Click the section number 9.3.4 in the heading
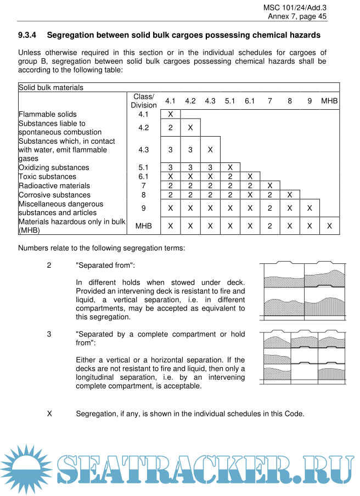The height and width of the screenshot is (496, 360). tap(27, 35)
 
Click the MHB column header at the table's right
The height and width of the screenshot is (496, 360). tap(329, 101)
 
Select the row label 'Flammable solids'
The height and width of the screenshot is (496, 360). tap(48, 114)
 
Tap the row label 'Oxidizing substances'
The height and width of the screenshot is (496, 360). tap(54, 167)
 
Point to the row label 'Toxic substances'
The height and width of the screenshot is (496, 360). tap(47, 177)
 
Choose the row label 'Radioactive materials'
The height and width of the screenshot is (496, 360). tap(54, 185)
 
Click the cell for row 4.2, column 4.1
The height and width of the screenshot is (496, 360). tap(170, 127)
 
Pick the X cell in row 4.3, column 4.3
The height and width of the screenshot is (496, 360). tap(210, 149)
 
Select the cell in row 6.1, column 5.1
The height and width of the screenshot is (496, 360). tap(230, 177)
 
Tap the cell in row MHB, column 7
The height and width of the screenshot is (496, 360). tap(270, 226)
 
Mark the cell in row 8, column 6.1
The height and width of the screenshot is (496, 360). tap(250, 195)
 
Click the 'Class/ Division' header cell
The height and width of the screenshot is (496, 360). tap(144, 101)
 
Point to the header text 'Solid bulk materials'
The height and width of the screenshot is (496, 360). tap(51, 87)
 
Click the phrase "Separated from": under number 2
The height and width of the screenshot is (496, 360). tap(105, 265)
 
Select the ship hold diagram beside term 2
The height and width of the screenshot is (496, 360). tap(304, 290)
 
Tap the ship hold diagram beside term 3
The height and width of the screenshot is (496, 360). tap(304, 358)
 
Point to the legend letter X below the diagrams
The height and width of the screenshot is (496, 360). tap(49, 413)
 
